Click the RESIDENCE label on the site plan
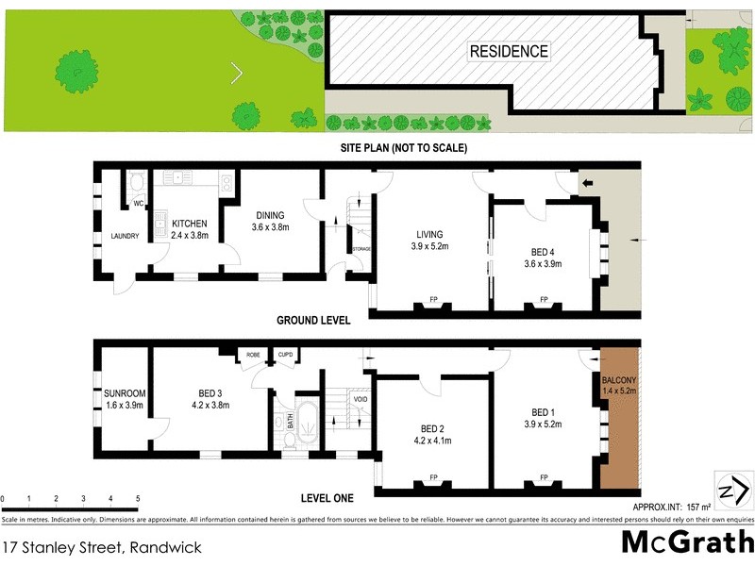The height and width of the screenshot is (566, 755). point(509,51)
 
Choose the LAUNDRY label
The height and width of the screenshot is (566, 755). point(125,236)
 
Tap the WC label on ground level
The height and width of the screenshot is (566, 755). point(137,203)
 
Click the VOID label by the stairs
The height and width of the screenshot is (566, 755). point(360,399)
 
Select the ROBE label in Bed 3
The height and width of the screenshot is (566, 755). point(253,355)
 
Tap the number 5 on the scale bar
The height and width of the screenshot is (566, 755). point(138,498)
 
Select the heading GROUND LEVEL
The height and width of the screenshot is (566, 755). point(313,321)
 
